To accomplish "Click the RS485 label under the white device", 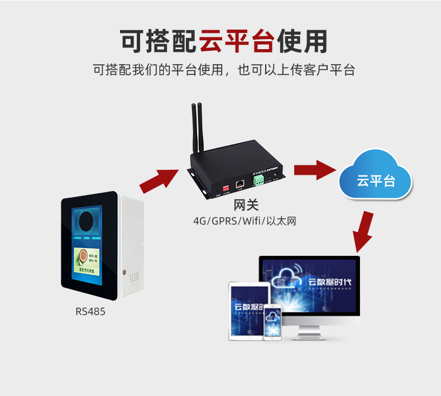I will [90, 312].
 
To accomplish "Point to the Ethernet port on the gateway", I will [239, 183].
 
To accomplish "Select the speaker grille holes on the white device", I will [134, 276].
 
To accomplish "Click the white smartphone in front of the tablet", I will [272, 323].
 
